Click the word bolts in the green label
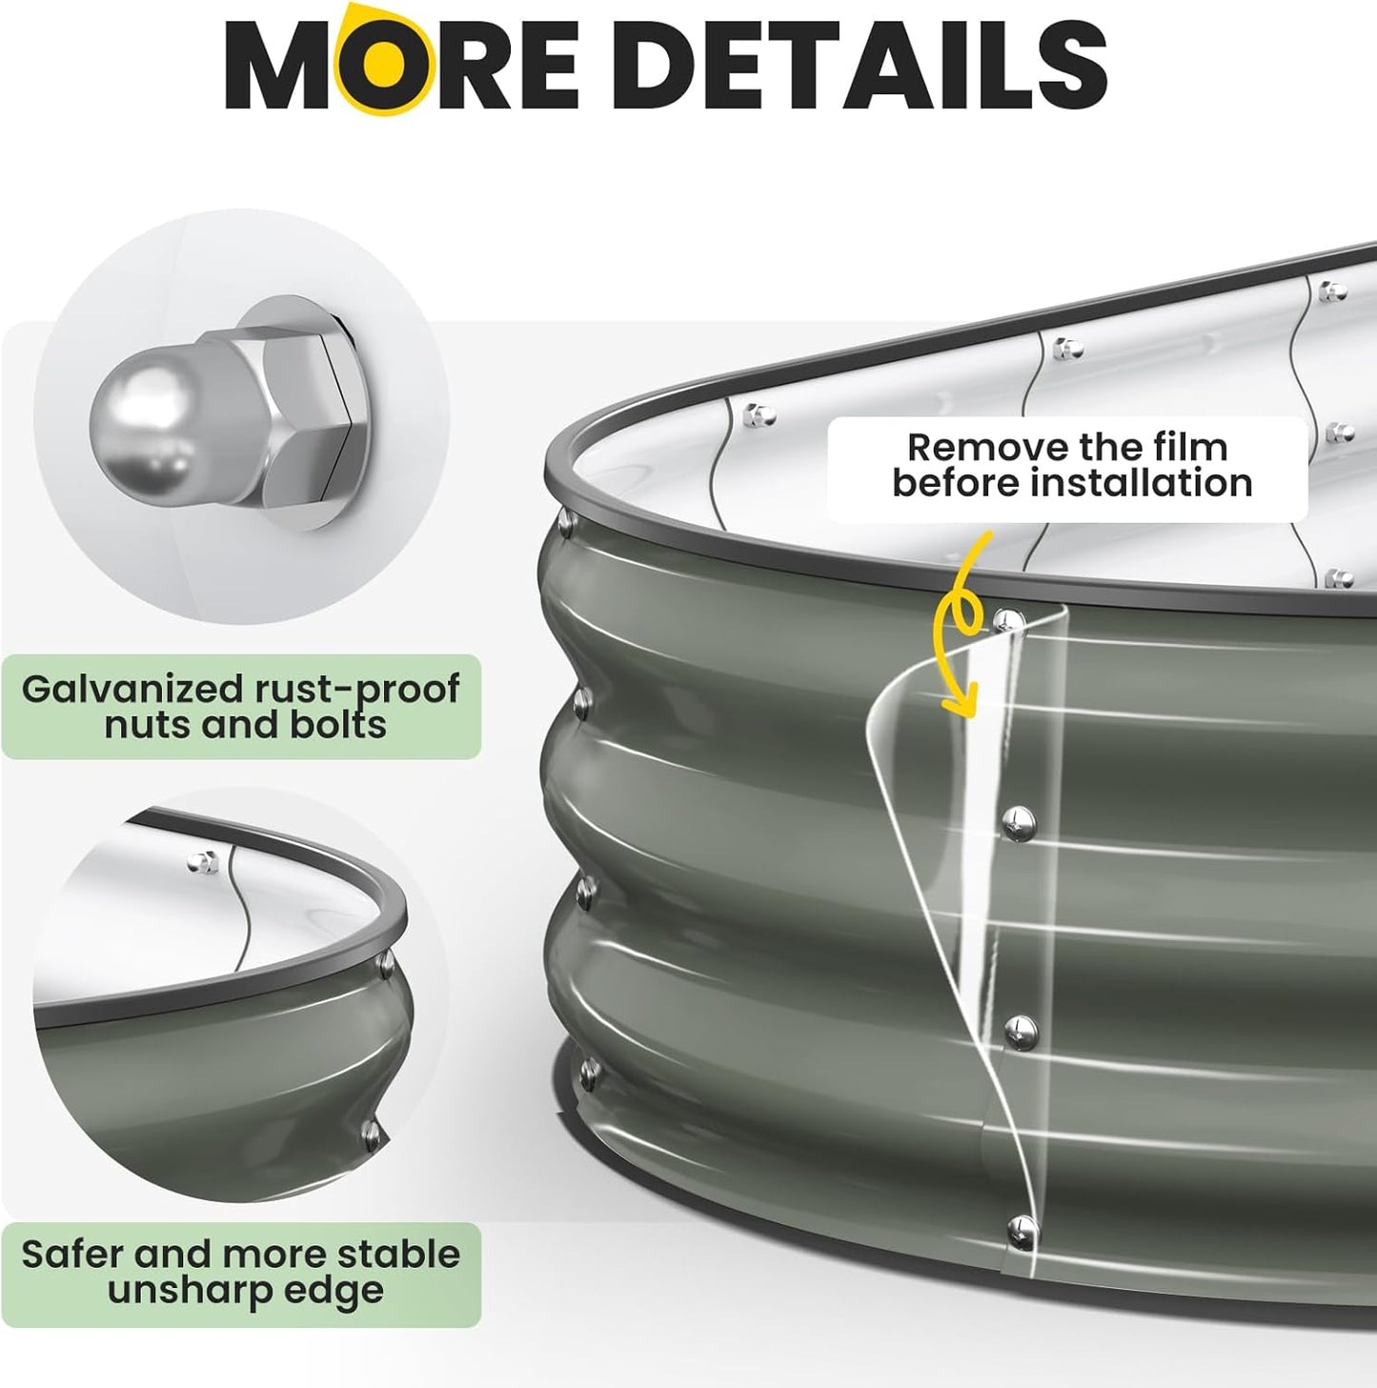point(339,724)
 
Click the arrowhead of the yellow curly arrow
point(960,701)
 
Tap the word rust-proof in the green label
point(357,690)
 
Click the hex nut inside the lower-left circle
point(202,861)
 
